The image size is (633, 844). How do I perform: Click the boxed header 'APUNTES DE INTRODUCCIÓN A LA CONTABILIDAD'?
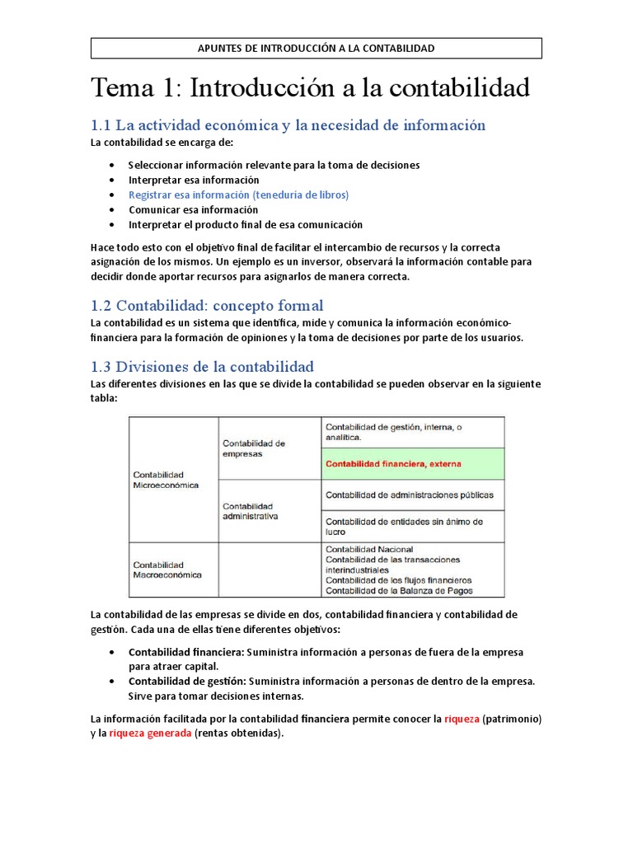click(x=316, y=49)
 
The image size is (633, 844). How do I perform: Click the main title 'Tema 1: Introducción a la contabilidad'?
click(x=309, y=87)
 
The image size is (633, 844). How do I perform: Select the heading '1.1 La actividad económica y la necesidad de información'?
click(x=288, y=125)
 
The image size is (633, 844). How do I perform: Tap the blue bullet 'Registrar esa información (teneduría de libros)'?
click(x=238, y=195)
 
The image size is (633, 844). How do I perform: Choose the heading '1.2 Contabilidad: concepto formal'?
click(x=207, y=305)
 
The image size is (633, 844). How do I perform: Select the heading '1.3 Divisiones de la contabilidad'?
click(x=202, y=366)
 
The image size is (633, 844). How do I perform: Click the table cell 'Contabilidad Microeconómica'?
click(x=166, y=480)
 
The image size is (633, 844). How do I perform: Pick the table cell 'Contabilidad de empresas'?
click(x=254, y=448)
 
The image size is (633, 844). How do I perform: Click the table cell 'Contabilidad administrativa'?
click(x=251, y=511)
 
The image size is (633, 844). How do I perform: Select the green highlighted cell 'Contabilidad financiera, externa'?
click(x=394, y=464)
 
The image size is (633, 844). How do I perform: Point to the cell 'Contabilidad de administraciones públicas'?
click(x=410, y=495)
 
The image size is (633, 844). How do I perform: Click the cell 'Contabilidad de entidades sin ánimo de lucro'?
click(x=404, y=527)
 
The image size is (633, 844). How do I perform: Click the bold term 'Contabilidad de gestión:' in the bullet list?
click(x=187, y=681)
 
